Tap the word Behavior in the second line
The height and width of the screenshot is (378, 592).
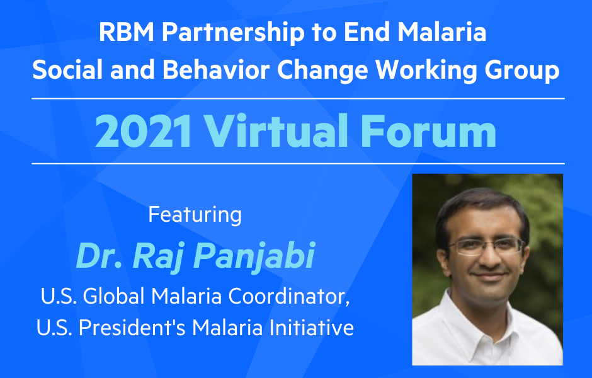[x=216, y=70]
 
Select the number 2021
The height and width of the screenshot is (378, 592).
[x=143, y=132]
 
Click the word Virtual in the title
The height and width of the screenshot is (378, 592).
[x=276, y=130]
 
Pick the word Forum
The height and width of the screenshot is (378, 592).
[x=428, y=132]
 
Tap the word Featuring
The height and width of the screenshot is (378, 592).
[x=195, y=215]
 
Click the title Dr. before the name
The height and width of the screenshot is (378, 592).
[x=99, y=256]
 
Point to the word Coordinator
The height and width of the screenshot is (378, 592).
[x=289, y=297]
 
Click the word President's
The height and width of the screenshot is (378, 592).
[x=132, y=328]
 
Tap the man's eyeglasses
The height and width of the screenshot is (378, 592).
[x=486, y=246]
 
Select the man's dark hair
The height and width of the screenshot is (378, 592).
[x=481, y=212]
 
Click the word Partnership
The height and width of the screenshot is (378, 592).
[x=233, y=33]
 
